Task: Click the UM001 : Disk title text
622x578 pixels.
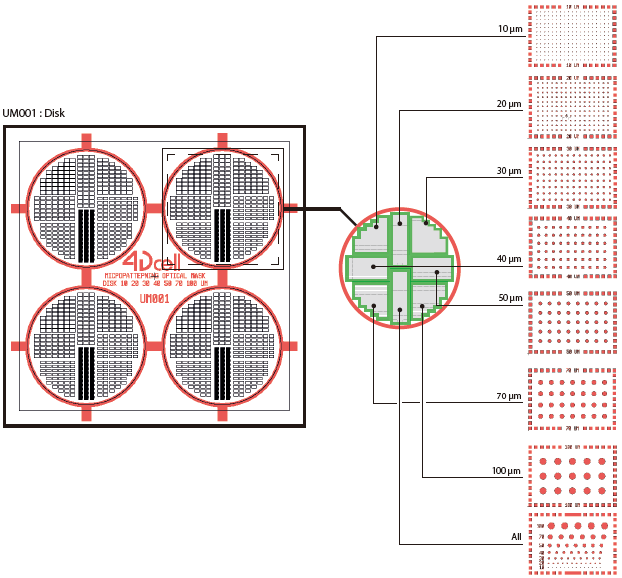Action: point(33,113)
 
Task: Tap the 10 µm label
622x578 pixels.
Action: point(509,30)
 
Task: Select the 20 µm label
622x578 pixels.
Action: point(509,104)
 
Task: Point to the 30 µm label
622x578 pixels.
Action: point(509,172)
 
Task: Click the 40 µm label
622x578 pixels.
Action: point(509,259)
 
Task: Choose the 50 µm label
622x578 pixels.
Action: point(509,299)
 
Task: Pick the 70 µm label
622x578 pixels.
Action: point(509,397)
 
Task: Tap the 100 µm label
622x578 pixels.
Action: point(507,470)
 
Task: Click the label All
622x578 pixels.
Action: point(516,537)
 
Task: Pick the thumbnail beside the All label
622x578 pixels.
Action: point(570,544)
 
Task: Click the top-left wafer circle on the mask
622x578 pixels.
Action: point(85,207)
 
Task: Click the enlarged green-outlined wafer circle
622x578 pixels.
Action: point(398,268)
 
